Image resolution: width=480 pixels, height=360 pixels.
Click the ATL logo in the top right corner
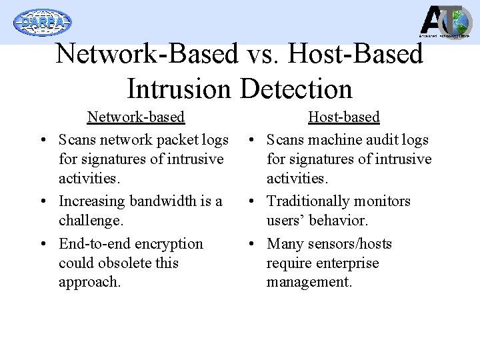click(445, 21)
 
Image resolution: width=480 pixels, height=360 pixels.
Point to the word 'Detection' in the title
click(295, 87)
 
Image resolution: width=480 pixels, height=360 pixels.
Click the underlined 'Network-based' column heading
click(136, 117)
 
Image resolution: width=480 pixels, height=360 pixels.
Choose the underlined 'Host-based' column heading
click(343, 117)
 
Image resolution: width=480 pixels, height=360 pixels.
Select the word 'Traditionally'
click(307, 201)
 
